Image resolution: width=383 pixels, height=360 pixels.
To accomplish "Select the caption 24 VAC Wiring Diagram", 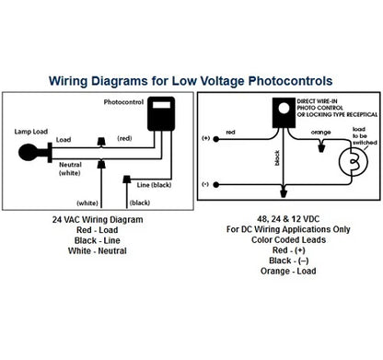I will coord(99,221).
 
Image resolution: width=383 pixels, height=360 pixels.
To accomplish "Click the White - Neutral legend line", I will coord(99,251).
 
